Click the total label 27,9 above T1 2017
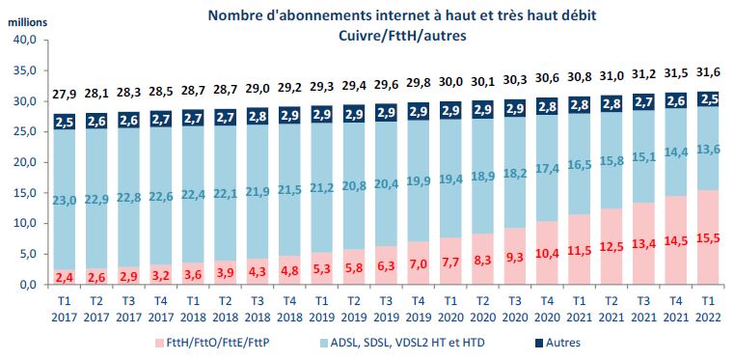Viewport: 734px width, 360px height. tap(64, 93)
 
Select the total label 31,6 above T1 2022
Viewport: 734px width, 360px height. tap(708, 69)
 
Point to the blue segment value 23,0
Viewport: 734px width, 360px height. tap(64, 199)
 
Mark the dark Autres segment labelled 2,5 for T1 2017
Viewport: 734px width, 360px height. tap(64, 122)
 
